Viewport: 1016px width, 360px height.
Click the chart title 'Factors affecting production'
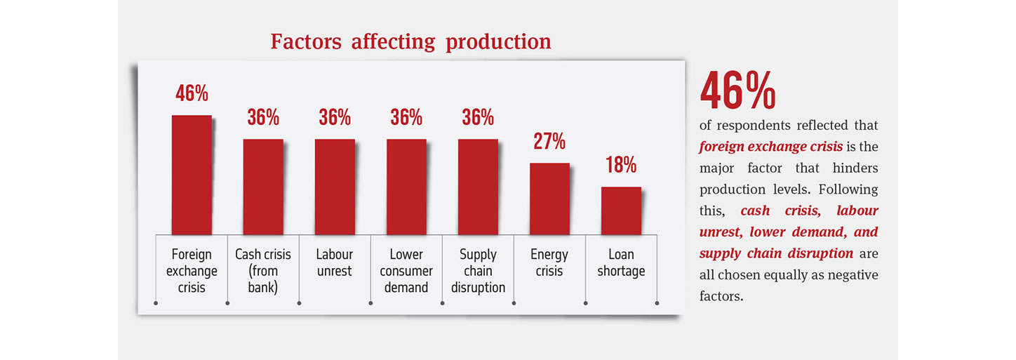coord(410,41)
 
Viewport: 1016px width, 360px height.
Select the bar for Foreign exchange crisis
coord(192,175)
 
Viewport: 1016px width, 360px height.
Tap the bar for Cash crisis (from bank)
coord(263,187)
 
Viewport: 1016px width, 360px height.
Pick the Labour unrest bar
coord(335,187)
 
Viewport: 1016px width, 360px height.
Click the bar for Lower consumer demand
coord(406,187)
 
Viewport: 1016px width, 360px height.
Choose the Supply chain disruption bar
coord(478,187)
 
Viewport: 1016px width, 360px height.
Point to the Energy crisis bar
coord(549,199)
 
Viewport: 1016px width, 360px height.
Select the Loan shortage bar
coord(621,211)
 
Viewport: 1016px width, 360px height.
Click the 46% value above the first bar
coord(192,93)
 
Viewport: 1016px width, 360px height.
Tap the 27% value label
coord(549,141)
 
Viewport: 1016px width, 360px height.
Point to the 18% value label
coord(621,165)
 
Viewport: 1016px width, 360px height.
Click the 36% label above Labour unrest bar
coord(335,117)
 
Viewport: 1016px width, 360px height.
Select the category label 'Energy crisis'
coord(549,262)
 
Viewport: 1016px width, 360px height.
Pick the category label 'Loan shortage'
coord(621,262)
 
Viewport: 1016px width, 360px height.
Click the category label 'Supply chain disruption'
coord(478,271)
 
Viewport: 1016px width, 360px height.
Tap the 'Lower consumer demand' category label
coord(406,271)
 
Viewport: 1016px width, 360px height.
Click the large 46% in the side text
coord(737,91)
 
